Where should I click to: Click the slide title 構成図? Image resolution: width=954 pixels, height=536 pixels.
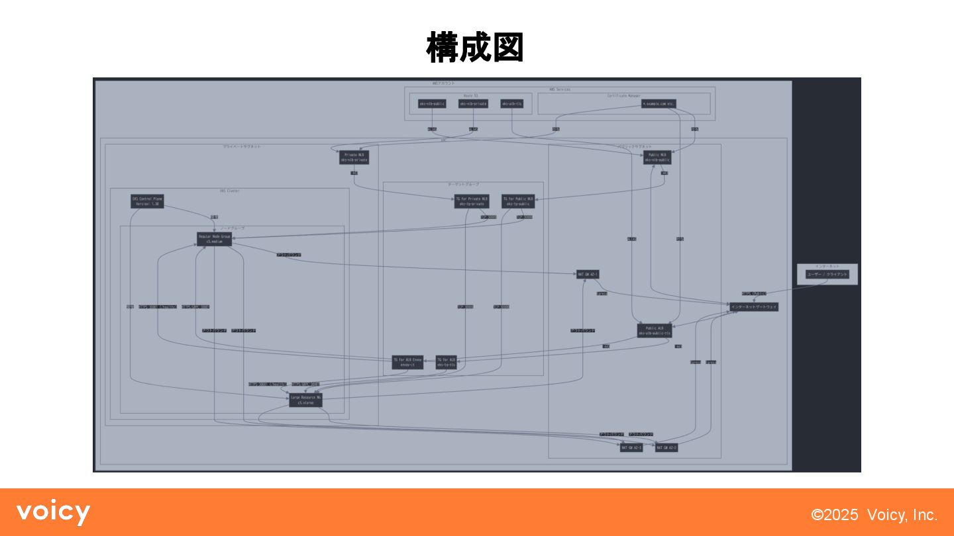pyautogui.click(x=476, y=48)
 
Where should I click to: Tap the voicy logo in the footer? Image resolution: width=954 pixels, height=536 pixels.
pyautogui.click(x=53, y=513)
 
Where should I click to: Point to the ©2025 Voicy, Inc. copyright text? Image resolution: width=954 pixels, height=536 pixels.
pyautogui.click(x=874, y=515)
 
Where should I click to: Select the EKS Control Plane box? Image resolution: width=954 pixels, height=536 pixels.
pyautogui.click(x=147, y=201)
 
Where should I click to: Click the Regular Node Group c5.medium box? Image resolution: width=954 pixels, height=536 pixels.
pyautogui.click(x=214, y=239)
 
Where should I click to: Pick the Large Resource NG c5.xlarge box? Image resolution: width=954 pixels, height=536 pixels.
pyautogui.click(x=305, y=400)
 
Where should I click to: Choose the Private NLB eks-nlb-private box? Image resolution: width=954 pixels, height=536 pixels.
pyautogui.click(x=354, y=157)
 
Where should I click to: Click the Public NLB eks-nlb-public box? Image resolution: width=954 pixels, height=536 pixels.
pyautogui.click(x=658, y=157)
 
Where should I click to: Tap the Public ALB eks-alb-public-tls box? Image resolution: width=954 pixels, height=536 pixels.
pyautogui.click(x=655, y=330)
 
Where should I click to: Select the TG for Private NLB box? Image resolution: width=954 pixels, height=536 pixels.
pyautogui.click(x=472, y=201)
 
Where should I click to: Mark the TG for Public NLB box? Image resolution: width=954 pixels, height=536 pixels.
pyautogui.click(x=518, y=201)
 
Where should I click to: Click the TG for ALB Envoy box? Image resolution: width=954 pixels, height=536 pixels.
pyautogui.click(x=407, y=362)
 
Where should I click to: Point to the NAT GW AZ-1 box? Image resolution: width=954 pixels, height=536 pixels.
pyautogui.click(x=588, y=274)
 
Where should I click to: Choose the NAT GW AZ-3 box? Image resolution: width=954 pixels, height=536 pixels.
pyautogui.click(x=631, y=448)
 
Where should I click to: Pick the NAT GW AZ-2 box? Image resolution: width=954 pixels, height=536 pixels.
pyautogui.click(x=667, y=448)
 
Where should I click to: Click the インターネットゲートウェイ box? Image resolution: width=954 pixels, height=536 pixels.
pyautogui.click(x=754, y=307)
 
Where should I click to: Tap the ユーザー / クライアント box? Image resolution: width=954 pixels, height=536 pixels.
pyautogui.click(x=827, y=274)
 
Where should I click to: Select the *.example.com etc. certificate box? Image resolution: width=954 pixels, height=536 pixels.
pyautogui.click(x=659, y=104)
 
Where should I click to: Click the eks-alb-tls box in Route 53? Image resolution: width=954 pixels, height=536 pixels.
pyautogui.click(x=512, y=104)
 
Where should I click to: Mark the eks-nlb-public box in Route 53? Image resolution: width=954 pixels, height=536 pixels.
pyautogui.click(x=432, y=104)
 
